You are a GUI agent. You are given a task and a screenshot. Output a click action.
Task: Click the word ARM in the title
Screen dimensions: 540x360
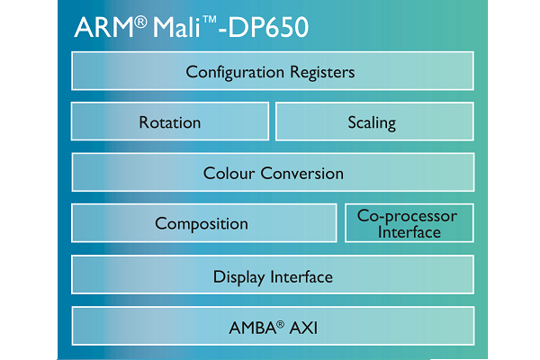point(104,27)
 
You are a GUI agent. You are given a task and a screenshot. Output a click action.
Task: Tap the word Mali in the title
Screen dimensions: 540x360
point(176,27)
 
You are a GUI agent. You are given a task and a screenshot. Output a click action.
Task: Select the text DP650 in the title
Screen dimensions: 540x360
point(268,27)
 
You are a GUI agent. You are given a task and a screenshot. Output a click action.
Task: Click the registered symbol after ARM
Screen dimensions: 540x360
point(140,22)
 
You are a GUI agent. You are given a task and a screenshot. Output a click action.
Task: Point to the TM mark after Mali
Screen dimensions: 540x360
point(210,20)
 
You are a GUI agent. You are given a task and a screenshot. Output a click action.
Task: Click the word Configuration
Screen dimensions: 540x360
point(235,73)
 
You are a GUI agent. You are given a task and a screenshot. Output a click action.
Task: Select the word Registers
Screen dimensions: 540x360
point(322,73)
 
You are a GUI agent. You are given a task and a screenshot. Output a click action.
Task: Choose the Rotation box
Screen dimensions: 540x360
point(170,121)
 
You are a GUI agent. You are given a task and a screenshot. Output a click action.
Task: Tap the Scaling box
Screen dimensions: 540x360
point(374,121)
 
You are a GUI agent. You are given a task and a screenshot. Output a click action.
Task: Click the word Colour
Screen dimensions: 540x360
point(229,174)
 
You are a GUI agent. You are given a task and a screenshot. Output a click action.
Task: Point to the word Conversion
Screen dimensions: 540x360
point(302,174)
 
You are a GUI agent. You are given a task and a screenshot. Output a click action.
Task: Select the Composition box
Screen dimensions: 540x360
point(204,223)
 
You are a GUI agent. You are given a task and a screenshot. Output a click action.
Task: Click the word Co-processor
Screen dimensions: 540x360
point(407,217)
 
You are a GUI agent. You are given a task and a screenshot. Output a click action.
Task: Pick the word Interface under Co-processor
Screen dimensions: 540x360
point(409,232)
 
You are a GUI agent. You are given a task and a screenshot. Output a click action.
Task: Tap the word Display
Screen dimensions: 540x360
point(239,277)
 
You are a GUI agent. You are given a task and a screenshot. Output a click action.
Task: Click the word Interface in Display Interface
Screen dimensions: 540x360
point(301,276)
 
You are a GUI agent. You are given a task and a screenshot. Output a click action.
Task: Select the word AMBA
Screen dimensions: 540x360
point(252,328)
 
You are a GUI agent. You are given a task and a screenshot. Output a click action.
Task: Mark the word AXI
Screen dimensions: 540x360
point(303,328)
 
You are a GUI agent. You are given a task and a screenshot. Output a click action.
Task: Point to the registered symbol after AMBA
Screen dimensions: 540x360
point(280,324)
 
